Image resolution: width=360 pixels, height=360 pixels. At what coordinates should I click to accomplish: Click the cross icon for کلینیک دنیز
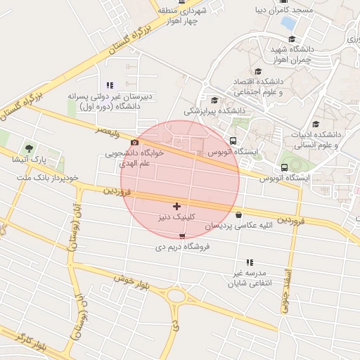176,206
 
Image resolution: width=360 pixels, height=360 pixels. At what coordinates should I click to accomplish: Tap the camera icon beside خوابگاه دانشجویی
135,142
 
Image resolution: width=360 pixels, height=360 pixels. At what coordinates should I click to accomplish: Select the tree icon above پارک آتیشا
28,148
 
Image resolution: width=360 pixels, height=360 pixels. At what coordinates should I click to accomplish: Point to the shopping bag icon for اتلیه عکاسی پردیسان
239,215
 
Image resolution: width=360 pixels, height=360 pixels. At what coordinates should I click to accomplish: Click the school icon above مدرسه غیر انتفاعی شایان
249,262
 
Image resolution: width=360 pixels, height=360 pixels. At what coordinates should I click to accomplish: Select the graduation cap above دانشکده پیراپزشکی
214,100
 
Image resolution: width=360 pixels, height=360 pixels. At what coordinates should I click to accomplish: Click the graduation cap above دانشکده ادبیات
316,124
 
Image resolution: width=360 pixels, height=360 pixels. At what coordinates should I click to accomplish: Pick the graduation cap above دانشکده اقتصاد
257,72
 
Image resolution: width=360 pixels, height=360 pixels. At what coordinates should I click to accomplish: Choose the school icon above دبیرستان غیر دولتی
109,85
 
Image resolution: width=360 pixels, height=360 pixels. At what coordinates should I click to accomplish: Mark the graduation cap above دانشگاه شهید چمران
292,39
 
